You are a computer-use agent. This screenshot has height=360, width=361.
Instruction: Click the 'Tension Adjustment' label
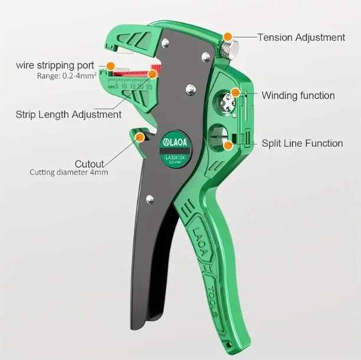click(301, 37)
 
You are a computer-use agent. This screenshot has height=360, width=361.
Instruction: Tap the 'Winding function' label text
click(298, 95)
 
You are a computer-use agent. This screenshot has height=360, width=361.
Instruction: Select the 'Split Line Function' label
click(302, 143)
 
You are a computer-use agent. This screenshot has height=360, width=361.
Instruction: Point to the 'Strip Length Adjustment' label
click(68, 114)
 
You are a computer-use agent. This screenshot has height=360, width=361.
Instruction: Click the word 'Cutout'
click(89, 163)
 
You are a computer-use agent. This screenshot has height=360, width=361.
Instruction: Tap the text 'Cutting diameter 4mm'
click(69, 173)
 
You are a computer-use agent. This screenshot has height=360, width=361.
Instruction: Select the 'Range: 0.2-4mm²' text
click(63, 75)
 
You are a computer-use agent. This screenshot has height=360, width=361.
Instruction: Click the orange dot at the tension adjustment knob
click(228, 37)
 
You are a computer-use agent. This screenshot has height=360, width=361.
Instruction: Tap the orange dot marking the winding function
click(235, 93)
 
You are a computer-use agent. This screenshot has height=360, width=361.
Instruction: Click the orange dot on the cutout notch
click(140, 137)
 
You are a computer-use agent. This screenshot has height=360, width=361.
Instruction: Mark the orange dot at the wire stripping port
click(110, 65)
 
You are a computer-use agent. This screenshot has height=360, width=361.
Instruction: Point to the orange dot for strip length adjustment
click(153, 74)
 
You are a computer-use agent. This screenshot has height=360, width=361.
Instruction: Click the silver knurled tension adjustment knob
click(228, 46)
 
